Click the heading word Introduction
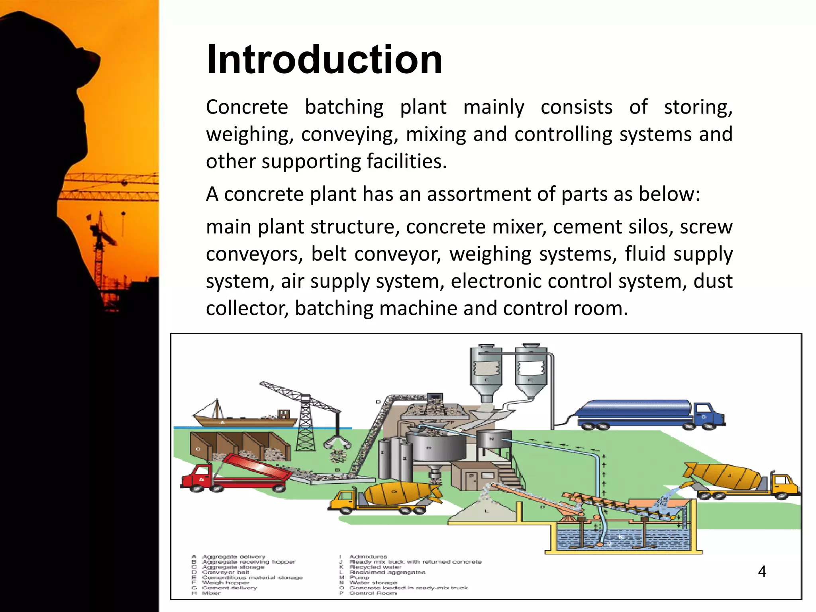tap(324, 60)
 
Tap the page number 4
tap(762, 571)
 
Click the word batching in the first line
tap(344, 107)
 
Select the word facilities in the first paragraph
tap(406, 161)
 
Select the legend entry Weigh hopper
tap(225, 583)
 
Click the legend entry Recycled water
tap(375, 567)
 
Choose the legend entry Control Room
tap(373, 593)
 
